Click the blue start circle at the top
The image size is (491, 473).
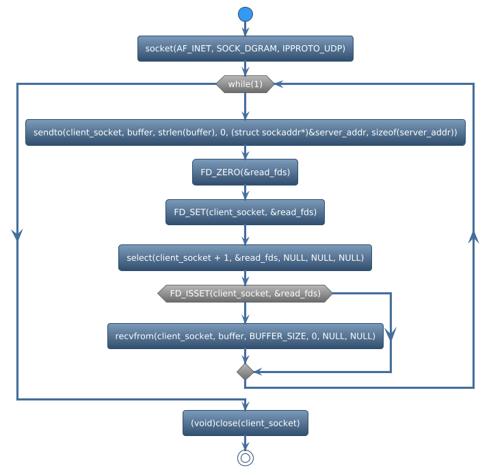(x=245, y=14)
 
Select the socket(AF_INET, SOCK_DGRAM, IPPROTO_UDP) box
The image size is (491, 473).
(x=245, y=48)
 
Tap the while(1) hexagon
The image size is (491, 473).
(x=245, y=84)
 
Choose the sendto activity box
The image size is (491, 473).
(x=245, y=133)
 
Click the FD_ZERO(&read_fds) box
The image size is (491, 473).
(x=245, y=172)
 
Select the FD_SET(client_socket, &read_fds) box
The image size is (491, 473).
(x=245, y=212)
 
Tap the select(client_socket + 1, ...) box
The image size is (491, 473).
(x=245, y=257)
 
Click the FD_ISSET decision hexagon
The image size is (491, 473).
(x=245, y=294)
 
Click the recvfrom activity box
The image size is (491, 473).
(x=245, y=336)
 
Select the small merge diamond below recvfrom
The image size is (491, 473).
(x=245, y=371)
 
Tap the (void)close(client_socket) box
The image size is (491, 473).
(x=245, y=423)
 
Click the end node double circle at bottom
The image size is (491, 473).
(x=245, y=458)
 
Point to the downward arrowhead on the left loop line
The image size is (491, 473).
(x=17, y=233)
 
